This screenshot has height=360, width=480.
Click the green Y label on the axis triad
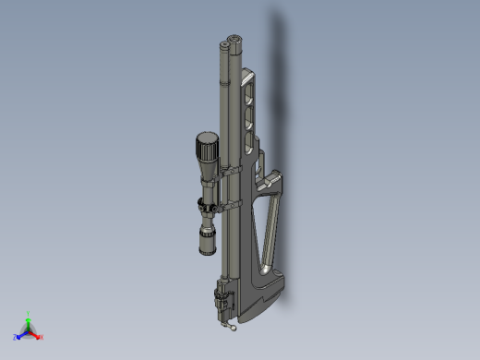point(29,314)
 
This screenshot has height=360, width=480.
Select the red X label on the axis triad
point(42,337)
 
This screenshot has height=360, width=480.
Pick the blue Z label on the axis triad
point(16,337)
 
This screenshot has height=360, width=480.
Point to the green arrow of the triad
point(29,322)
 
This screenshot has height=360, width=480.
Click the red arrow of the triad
point(36,334)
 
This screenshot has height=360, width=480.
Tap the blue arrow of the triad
point(21,334)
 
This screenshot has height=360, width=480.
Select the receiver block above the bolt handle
point(222,297)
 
